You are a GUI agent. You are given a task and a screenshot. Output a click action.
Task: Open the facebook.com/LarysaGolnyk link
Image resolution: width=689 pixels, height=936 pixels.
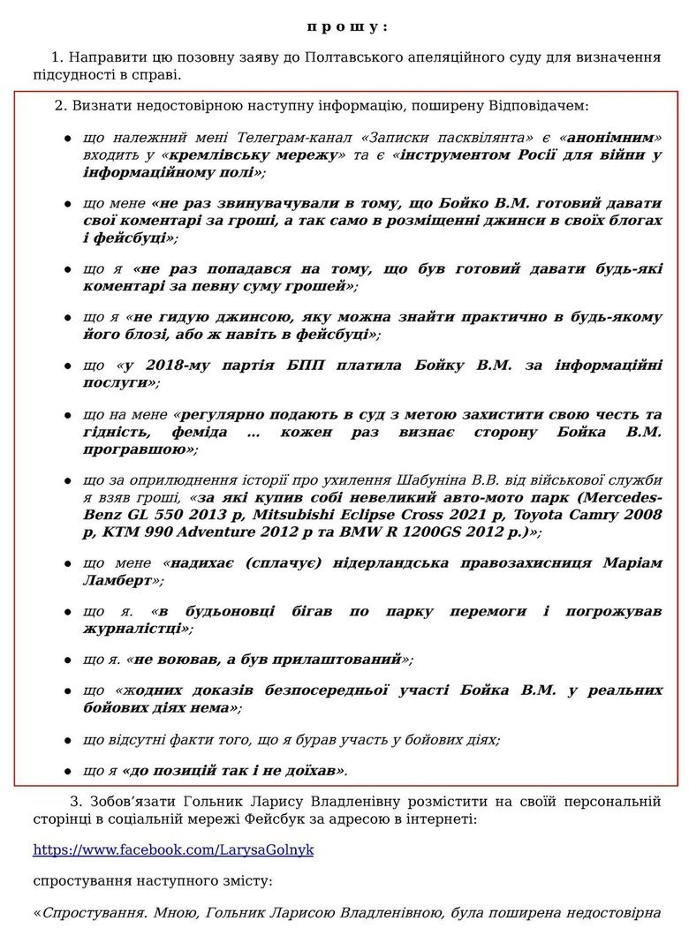[173, 849]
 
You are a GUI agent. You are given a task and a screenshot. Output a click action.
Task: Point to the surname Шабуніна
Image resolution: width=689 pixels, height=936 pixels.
[442, 479]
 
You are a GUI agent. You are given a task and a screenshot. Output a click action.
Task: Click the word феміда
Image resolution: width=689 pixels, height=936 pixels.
[204, 431]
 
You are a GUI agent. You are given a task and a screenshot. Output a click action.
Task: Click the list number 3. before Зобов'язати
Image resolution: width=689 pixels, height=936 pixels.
[75, 801]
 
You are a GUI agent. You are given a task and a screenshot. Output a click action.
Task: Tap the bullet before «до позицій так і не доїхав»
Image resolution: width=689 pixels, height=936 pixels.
[67, 770]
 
